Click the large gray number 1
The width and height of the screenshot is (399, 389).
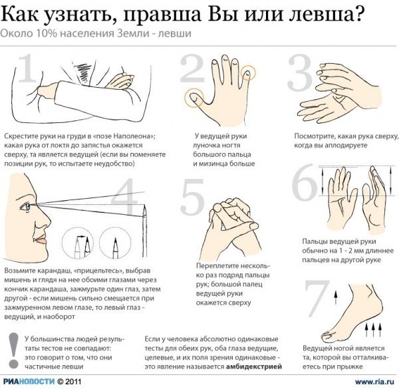27,68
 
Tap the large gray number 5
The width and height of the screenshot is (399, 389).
193,196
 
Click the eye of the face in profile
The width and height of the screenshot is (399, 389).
26,206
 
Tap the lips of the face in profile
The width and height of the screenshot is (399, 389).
41,239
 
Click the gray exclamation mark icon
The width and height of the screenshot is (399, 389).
13,350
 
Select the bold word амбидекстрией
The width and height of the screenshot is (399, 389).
254,366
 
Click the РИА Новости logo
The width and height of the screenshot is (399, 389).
29,382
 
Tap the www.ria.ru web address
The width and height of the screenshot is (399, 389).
374,382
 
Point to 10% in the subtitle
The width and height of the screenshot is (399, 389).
47,33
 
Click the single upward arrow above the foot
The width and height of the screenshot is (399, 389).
336,297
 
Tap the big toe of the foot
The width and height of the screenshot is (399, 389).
329,336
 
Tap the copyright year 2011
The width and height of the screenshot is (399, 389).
73,382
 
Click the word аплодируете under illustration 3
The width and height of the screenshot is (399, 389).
346,146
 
